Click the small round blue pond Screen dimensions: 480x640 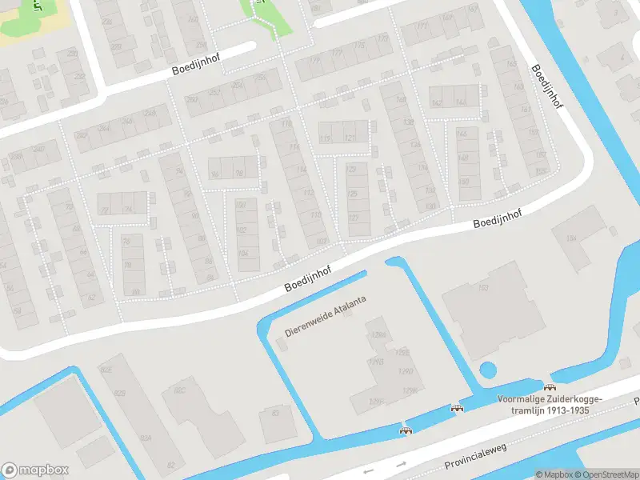point(486,370)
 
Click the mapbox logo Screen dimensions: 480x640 point(35,470)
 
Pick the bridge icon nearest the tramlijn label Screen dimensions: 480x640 point(548,388)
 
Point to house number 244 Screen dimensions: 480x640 point(128,122)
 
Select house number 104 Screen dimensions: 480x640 point(243,254)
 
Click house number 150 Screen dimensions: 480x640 point(431,206)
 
